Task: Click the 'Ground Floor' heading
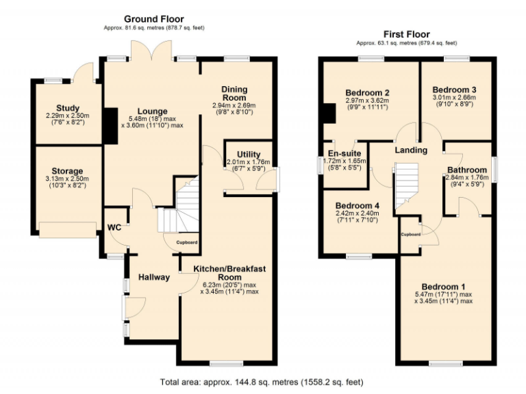[x=153, y=18]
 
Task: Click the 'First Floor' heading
[x=407, y=34]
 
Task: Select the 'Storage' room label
[x=67, y=171]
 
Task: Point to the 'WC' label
[x=114, y=228]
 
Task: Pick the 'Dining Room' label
[x=234, y=93]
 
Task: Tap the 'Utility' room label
[x=249, y=153]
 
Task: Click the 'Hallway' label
[x=154, y=277]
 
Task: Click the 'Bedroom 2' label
[x=368, y=92]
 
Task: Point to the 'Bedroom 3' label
[x=454, y=90]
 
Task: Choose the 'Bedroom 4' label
[x=358, y=205]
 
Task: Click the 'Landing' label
[x=411, y=150]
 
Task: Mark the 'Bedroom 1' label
[x=443, y=286]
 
